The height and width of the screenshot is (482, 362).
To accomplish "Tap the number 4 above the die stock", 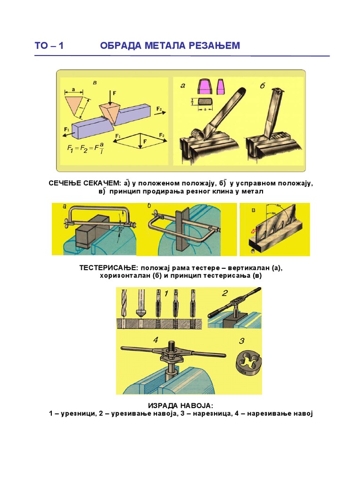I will pyautogui.click(x=155, y=340).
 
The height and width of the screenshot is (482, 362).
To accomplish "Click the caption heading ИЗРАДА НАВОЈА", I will pyautogui.click(x=181, y=405).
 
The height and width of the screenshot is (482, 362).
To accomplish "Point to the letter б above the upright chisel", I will pyautogui.click(x=263, y=86).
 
